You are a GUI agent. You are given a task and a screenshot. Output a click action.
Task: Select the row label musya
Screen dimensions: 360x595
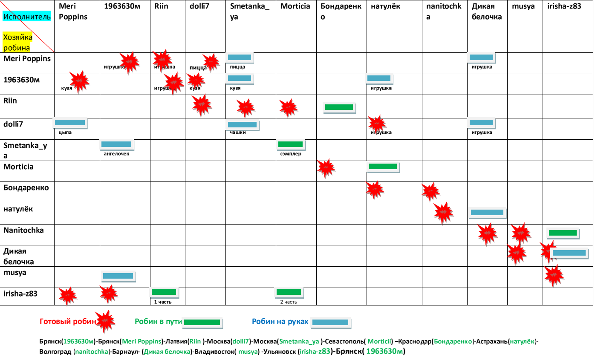[15, 272]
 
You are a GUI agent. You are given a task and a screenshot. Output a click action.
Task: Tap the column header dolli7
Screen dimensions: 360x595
[199, 6]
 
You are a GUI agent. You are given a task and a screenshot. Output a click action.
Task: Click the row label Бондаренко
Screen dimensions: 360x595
[26, 187]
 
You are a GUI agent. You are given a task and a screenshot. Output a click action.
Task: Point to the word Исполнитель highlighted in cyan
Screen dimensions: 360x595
[27, 17]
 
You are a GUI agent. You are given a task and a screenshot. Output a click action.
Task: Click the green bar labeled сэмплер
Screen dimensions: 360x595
[290, 144]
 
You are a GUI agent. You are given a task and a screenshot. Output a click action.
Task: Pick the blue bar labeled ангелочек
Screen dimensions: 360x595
[116, 144]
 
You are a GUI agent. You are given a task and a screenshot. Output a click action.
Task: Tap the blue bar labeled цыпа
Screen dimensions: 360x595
[70, 123]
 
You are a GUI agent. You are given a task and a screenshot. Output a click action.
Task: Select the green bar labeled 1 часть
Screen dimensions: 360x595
[164, 292]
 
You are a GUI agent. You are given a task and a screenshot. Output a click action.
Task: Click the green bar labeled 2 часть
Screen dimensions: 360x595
[289, 292]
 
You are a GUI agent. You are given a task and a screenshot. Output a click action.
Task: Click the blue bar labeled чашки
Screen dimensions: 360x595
[242, 125]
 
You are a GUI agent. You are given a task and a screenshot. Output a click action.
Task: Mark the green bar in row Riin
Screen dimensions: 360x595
[339, 107]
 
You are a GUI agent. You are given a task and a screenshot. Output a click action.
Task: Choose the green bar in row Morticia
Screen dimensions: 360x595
[382, 167]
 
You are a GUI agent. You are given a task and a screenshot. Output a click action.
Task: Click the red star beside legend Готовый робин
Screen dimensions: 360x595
[105, 321]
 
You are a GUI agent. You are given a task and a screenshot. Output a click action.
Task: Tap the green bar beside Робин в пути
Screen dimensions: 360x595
[202, 323]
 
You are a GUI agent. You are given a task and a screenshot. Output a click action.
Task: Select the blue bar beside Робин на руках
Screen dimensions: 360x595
[330, 323]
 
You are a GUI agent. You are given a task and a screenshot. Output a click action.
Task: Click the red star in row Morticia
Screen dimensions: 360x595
[326, 167]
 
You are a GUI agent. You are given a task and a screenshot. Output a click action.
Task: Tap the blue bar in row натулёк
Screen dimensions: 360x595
[487, 212]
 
